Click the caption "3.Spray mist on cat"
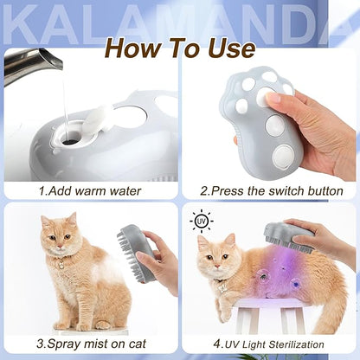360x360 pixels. tap(90, 344)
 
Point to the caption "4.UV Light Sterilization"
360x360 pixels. tap(272, 344)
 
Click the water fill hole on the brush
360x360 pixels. tap(70, 135)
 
